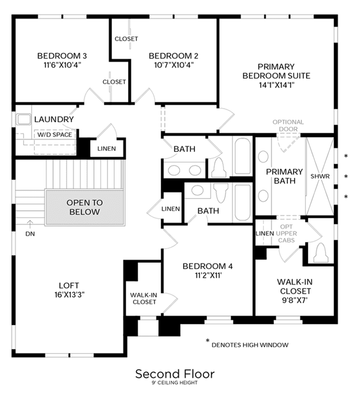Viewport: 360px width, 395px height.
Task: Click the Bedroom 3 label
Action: (x=62, y=56)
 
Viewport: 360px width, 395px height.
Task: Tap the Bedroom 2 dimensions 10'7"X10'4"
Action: (x=174, y=65)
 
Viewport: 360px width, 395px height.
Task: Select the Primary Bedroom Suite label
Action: (x=276, y=71)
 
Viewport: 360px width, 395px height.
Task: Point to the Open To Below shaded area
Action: (x=85, y=207)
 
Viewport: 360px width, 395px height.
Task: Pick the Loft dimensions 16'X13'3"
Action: (x=69, y=294)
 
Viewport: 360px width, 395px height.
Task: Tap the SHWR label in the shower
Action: (x=320, y=176)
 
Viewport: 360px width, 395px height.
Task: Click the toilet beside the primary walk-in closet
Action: (x=321, y=253)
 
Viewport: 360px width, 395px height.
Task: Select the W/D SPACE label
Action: (x=55, y=134)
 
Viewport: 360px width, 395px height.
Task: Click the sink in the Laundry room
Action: (x=24, y=119)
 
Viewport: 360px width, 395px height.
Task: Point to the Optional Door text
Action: (x=288, y=125)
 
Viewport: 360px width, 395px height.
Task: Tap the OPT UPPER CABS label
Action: (x=286, y=234)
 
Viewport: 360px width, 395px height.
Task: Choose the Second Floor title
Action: (x=175, y=374)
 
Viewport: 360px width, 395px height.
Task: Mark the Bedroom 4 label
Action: (x=208, y=266)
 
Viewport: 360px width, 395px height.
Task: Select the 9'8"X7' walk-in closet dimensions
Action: (x=295, y=300)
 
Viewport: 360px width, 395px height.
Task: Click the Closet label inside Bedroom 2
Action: (x=126, y=39)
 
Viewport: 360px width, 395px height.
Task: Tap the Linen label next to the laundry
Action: (x=106, y=149)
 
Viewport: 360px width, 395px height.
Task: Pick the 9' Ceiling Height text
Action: (x=175, y=383)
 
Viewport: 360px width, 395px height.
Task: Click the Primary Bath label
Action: (x=285, y=176)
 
